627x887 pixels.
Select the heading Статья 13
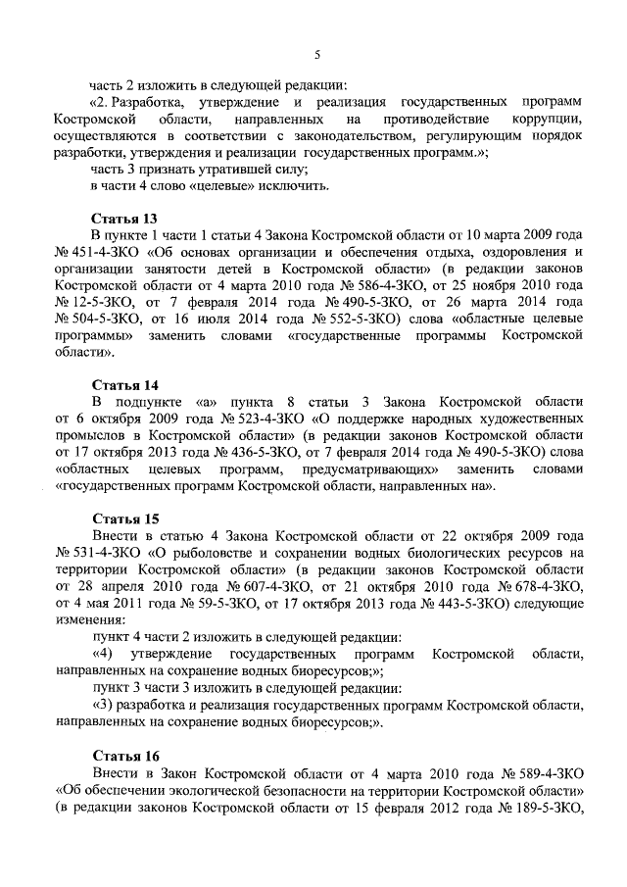[x=125, y=219]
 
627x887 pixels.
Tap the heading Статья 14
[x=125, y=384]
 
